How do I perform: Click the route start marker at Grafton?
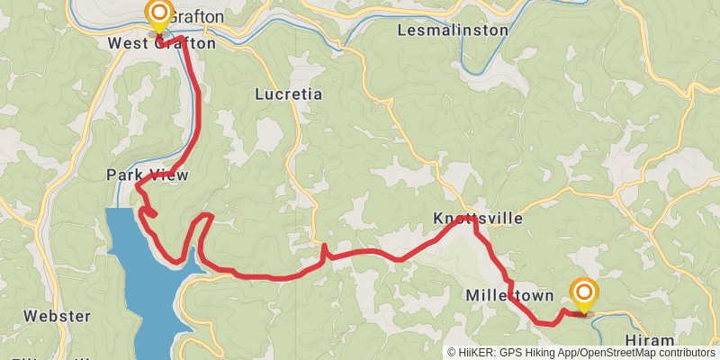(x=159, y=13)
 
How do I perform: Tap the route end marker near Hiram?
(x=584, y=292)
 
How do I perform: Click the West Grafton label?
(x=162, y=43)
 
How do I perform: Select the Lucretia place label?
(x=288, y=94)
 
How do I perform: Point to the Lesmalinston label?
(x=453, y=31)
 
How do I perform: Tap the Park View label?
(x=147, y=175)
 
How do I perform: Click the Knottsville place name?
(x=478, y=219)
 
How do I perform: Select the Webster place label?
(x=58, y=316)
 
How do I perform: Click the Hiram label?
(x=648, y=340)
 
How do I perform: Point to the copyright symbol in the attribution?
(x=452, y=353)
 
